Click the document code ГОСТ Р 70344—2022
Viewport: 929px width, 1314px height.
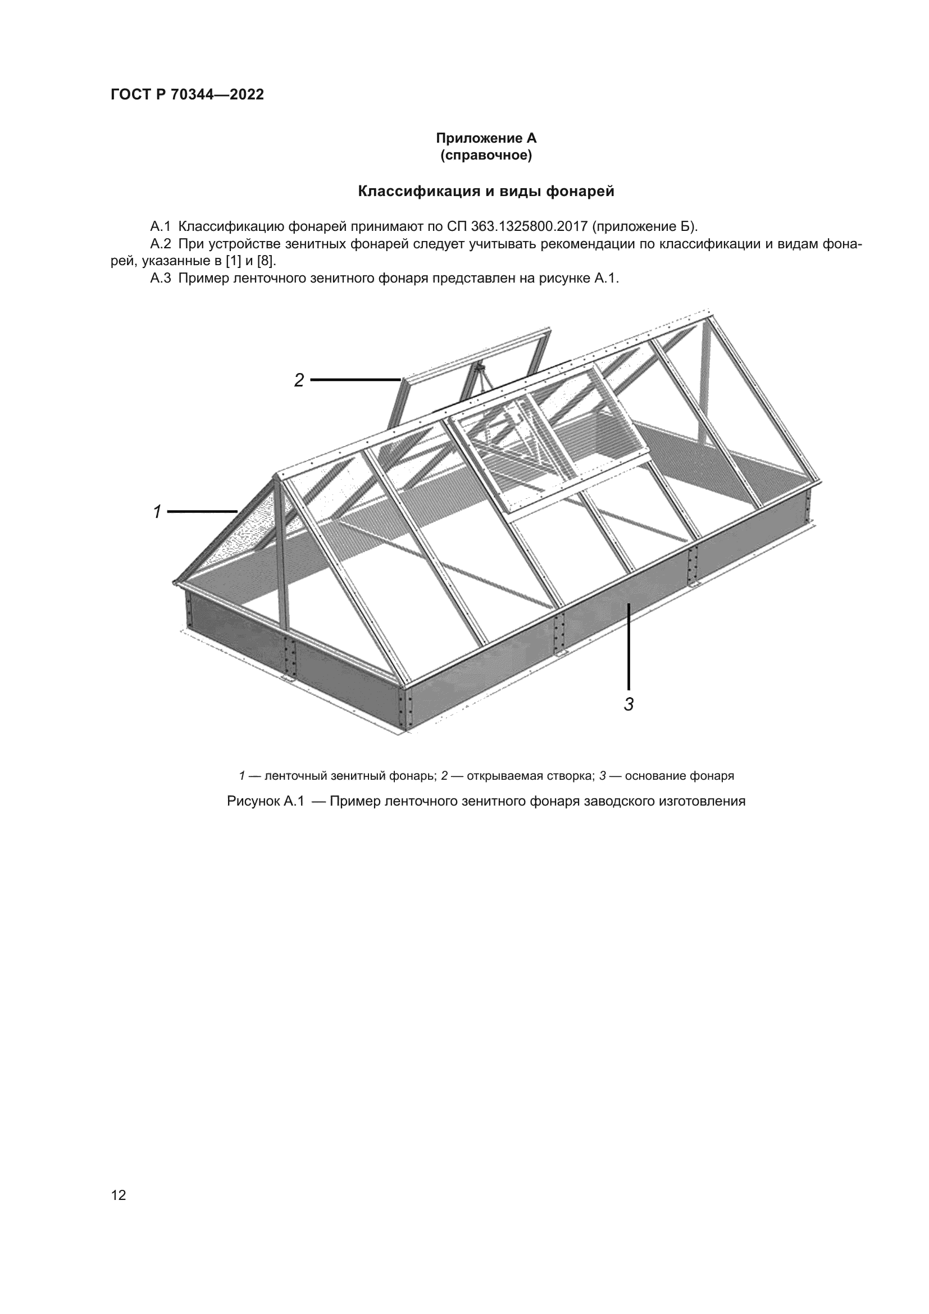click(188, 94)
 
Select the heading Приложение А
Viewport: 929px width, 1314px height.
click(486, 138)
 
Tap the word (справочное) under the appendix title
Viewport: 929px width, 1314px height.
click(486, 156)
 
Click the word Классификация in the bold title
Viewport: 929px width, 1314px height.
click(419, 191)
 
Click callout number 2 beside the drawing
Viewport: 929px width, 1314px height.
click(299, 380)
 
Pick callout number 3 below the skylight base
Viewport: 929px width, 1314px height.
click(629, 704)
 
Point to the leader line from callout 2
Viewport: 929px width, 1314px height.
click(354, 379)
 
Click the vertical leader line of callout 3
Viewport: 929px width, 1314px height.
click(629, 647)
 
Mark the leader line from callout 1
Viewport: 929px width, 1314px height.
click(202, 511)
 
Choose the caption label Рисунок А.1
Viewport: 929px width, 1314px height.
click(265, 801)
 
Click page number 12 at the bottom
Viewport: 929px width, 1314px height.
click(119, 1195)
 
